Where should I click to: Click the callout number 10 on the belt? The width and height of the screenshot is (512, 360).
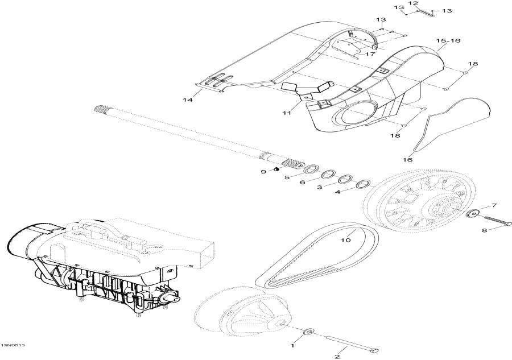pos(345,240)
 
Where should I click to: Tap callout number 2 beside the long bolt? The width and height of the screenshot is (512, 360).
pos(337,356)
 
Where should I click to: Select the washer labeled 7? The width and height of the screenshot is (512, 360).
pos(473,214)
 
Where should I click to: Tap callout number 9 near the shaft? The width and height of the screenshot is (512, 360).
pos(263,171)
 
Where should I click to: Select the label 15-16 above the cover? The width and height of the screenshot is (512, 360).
pos(448,41)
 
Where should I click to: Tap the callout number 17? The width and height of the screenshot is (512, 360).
pos(370,54)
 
